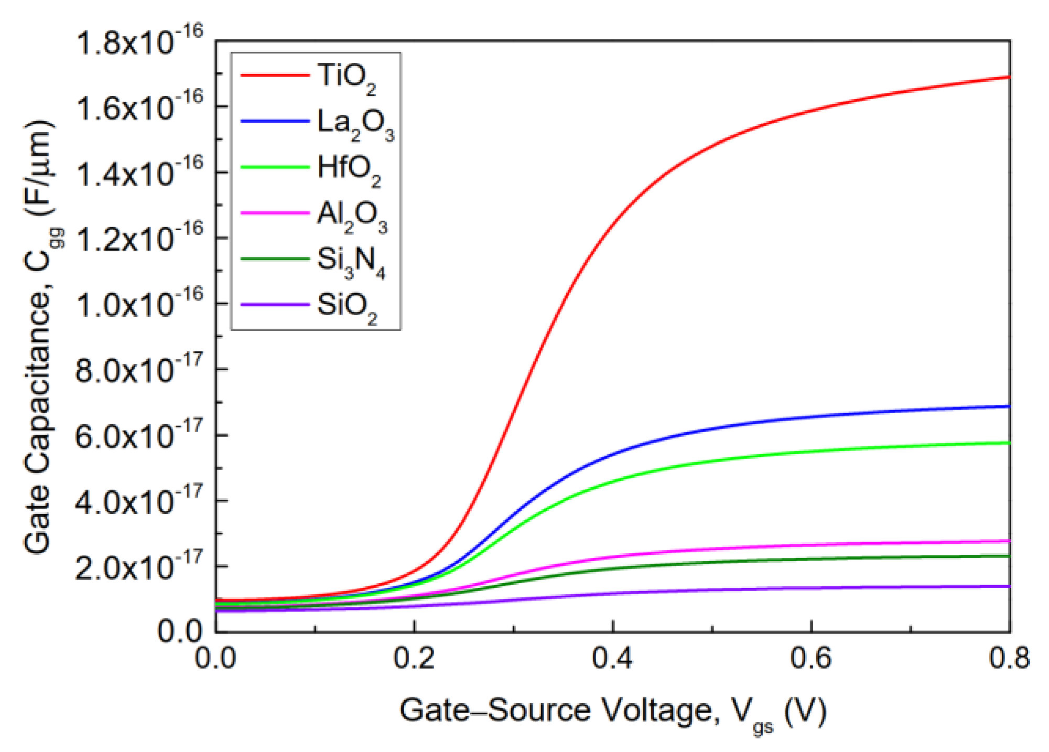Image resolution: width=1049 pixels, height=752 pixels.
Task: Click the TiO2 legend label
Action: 346,77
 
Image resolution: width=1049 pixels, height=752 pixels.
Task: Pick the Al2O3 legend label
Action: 352,216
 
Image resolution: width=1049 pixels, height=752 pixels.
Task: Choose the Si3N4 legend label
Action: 351,261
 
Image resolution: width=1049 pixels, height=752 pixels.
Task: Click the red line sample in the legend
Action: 275,76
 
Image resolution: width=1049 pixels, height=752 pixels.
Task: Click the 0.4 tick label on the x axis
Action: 612,658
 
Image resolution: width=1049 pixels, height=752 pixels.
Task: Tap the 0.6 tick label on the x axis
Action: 810,658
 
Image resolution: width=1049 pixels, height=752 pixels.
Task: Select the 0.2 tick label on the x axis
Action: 414,658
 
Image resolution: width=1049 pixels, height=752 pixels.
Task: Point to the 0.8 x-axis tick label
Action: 1009,658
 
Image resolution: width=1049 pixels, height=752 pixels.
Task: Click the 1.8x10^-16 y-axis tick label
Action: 139,41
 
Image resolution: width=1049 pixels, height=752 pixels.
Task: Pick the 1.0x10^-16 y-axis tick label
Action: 139,304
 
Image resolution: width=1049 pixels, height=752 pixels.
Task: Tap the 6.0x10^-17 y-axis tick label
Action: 138,435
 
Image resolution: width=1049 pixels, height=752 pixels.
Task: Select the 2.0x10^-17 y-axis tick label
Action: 138,567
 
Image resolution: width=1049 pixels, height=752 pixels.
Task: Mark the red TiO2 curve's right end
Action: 1009,77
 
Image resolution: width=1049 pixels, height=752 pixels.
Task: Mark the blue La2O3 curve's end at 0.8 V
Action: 1009,406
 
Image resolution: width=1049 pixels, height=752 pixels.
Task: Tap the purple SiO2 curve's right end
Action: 1009,586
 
